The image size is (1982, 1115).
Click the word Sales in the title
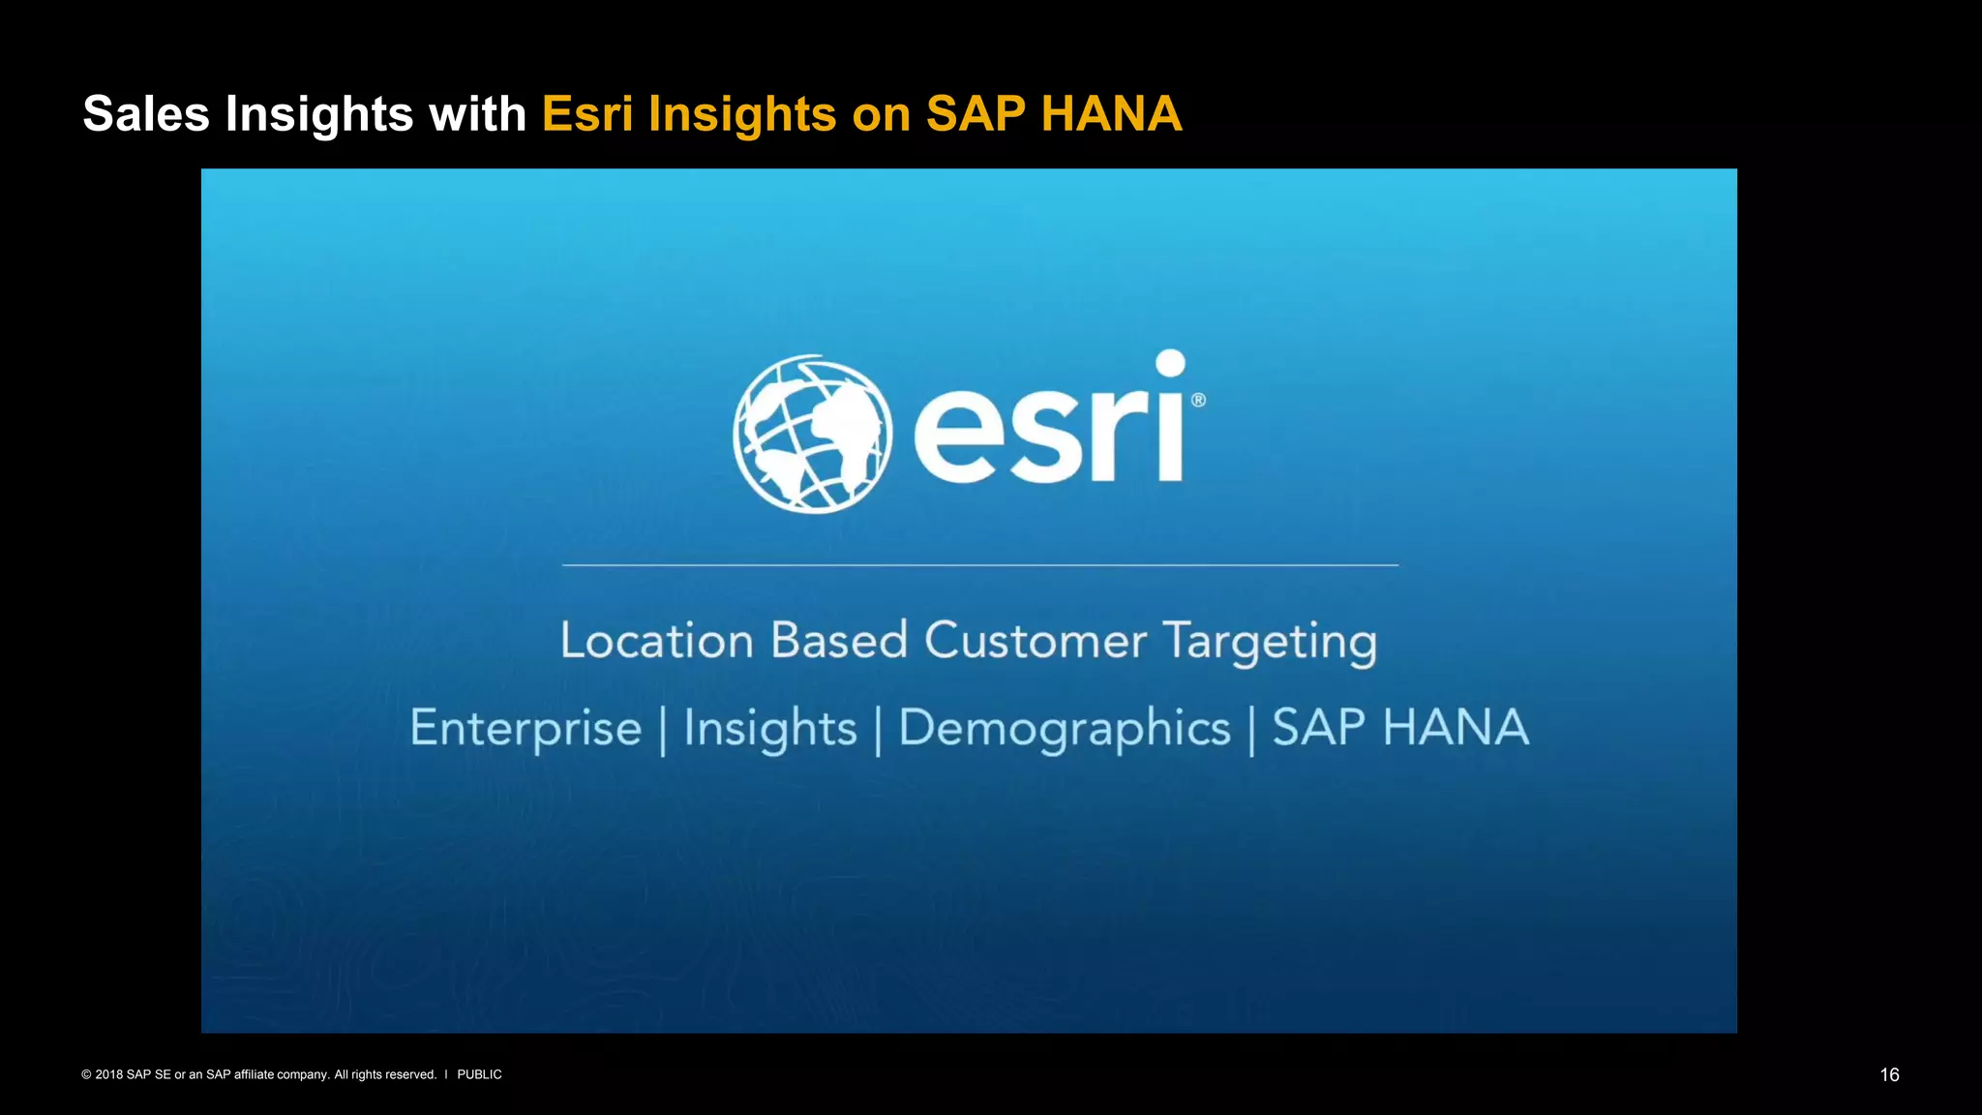tap(146, 114)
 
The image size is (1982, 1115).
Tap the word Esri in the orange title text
tap(587, 114)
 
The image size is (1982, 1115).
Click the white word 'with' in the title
tap(477, 114)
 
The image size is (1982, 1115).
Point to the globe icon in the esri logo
tap(812, 434)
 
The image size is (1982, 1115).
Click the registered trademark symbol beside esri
tap(1198, 400)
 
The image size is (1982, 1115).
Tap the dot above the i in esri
tap(1170, 364)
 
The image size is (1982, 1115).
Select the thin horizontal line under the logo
tap(979, 565)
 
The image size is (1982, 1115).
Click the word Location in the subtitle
tap(657, 641)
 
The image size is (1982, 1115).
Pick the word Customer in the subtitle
tap(1035, 641)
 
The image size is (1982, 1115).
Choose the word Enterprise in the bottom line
tap(526, 729)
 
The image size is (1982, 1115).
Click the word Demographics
tap(1065, 729)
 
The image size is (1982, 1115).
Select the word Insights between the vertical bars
tap(770, 729)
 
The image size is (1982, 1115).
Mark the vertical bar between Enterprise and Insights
tap(663, 731)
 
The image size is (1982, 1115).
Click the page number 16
tap(1889, 1075)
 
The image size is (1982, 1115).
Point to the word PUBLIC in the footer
tap(479, 1074)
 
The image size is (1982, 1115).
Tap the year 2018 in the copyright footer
tap(108, 1074)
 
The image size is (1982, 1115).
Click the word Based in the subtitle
tap(838, 641)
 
